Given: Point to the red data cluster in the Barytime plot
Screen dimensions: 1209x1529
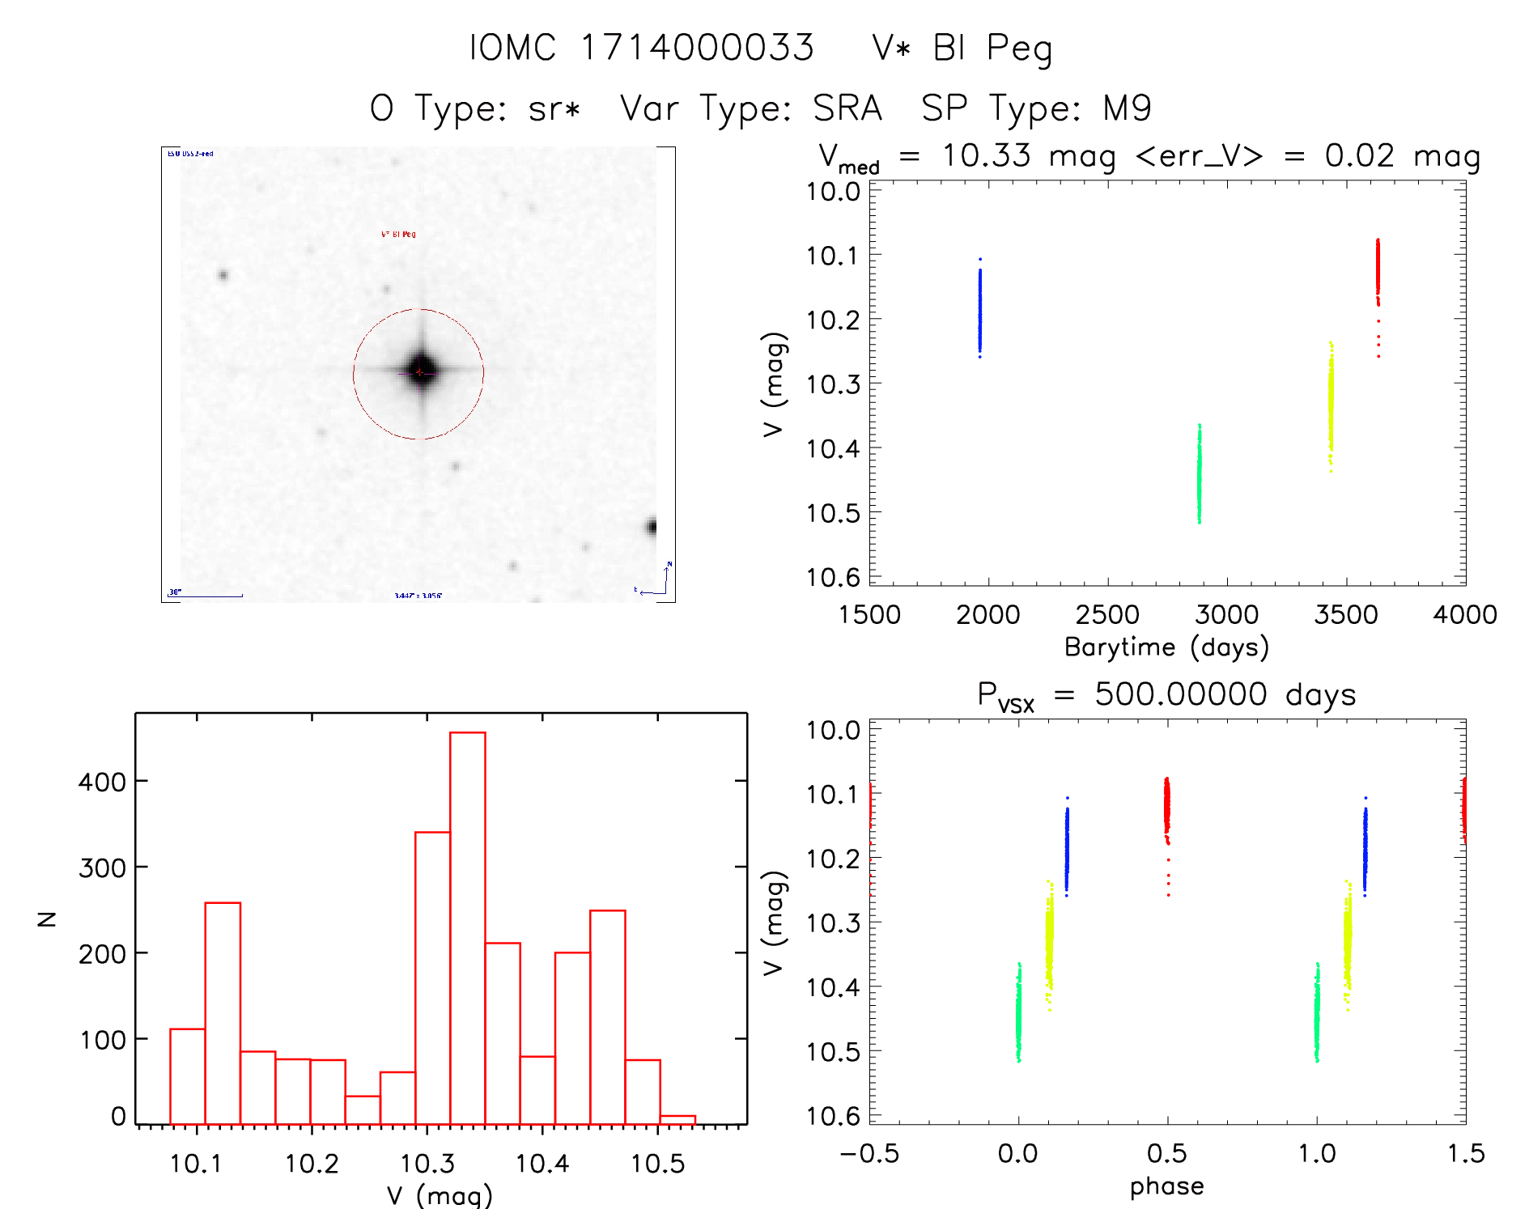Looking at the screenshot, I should (x=1378, y=271).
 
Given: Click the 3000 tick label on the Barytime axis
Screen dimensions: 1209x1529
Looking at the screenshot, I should (x=1226, y=615).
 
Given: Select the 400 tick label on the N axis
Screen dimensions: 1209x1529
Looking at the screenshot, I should (x=102, y=783).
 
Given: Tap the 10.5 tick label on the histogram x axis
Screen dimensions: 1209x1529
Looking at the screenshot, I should (x=657, y=1164).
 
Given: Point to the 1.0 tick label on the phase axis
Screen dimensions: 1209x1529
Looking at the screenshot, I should (x=1316, y=1153).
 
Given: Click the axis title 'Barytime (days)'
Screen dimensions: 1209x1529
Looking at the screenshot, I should (x=1166, y=647).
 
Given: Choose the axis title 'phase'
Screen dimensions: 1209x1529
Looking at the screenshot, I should (x=1166, y=1186).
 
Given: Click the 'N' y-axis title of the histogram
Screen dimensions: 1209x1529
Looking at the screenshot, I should (x=47, y=918).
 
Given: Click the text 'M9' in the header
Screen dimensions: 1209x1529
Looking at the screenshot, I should (x=1127, y=108).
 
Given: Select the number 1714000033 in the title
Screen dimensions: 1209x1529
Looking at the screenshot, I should (x=697, y=48).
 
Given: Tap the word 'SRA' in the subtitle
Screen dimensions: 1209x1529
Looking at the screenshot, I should (x=847, y=108).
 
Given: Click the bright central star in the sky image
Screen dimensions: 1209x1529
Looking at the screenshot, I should (x=421, y=371).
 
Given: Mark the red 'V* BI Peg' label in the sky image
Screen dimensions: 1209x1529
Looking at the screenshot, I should (x=398, y=235).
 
